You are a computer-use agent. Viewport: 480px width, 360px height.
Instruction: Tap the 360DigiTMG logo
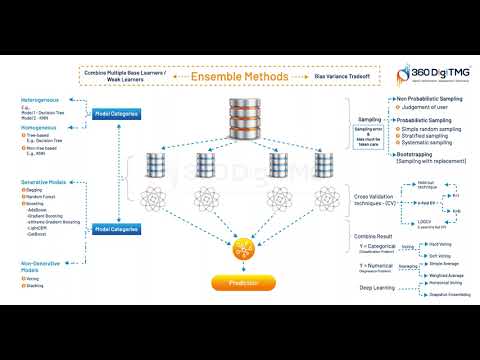coord(434,73)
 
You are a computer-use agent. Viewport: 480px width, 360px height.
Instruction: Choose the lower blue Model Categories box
coord(116,229)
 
